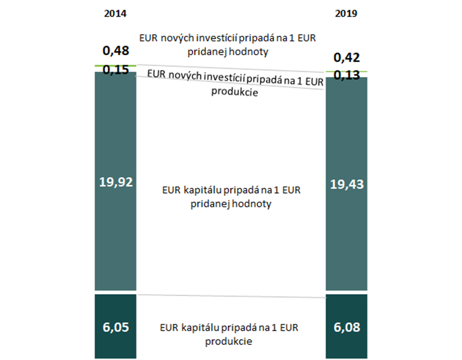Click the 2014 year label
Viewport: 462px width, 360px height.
pyautogui.click(x=115, y=14)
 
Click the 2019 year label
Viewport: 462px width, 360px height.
pyautogui.click(x=346, y=14)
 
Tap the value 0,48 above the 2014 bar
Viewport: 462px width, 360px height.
pyautogui.click(x=115, y=51)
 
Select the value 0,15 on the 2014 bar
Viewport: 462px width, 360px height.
pyautogui.click(x=115, y=70)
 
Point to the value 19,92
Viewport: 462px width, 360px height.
pyautogui.click(x=115, y=182)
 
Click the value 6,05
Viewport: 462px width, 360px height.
pyautogui.click(x=115, y=327)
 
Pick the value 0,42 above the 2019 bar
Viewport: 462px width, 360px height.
pyautogui.click(x=346, y=58)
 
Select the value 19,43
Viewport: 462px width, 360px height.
pyautogui.click(x=346, y=185)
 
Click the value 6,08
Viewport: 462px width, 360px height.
pyautogui.click(x=346, y=327)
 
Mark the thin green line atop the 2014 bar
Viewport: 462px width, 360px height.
pyautogui.click(x=115, y=65)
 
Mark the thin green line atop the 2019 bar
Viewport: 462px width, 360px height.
pyautogui.click(x=346, y=71)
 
